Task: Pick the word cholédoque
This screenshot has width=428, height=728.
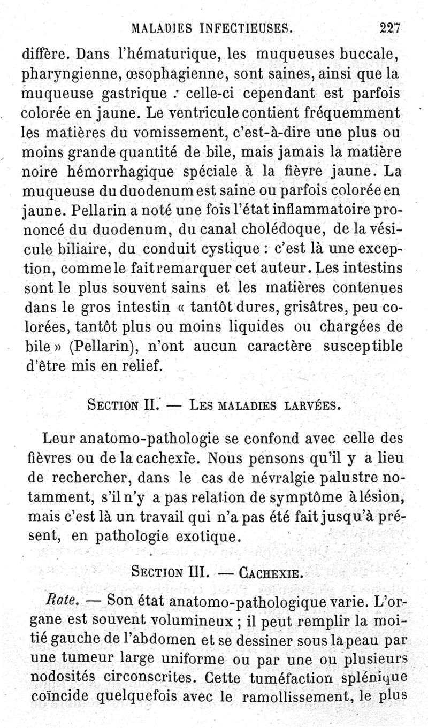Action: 269,231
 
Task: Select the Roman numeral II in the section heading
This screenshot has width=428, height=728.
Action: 150,405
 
